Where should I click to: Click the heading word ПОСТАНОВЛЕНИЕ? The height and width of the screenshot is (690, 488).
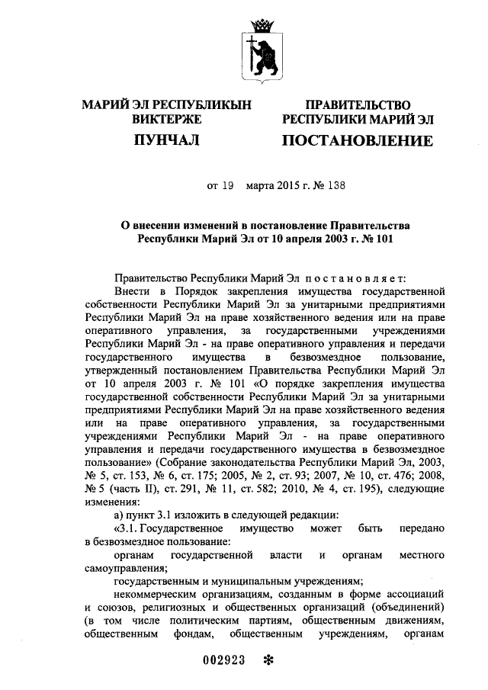[357, 141]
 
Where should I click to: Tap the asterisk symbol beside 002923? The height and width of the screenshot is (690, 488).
[268, 661]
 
